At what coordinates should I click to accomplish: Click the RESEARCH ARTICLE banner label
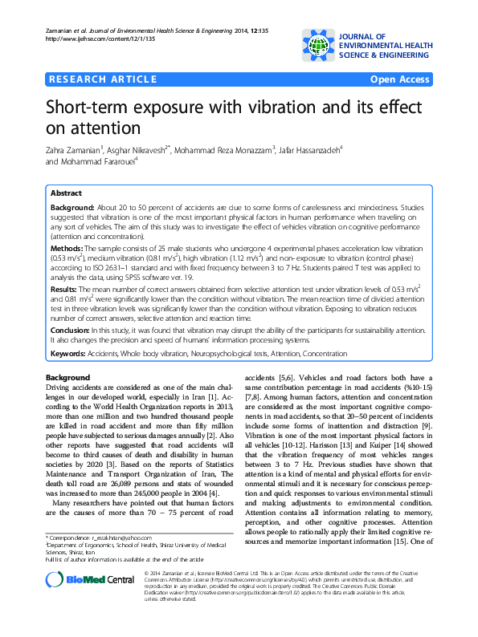(x=102, y=79)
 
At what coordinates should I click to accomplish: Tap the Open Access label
(x=399, y=79)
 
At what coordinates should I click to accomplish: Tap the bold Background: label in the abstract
(x=71, y=207)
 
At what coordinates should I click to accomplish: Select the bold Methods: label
(x=67, y=250)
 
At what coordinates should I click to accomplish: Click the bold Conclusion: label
(x=72, y=330)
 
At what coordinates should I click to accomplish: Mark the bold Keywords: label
(x=71, y=353)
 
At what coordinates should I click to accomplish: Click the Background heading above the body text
(x=67, y=377)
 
